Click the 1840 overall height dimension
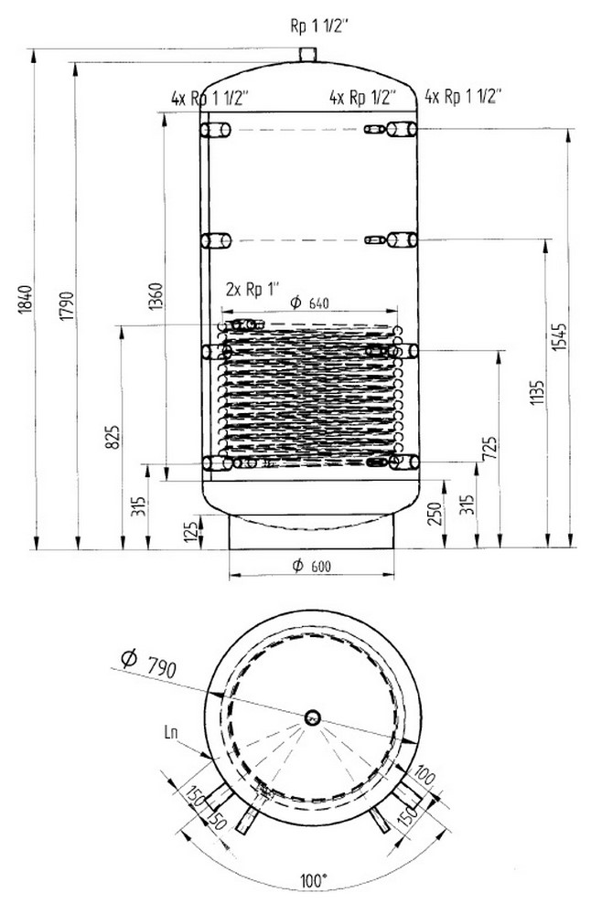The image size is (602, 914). [x=25, y=300]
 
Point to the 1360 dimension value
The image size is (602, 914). [x=156, y=296]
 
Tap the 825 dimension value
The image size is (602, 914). [x=113, y=437]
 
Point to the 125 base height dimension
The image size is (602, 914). [x=190, y=532]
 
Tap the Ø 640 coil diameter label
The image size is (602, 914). [x=310, y=303]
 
